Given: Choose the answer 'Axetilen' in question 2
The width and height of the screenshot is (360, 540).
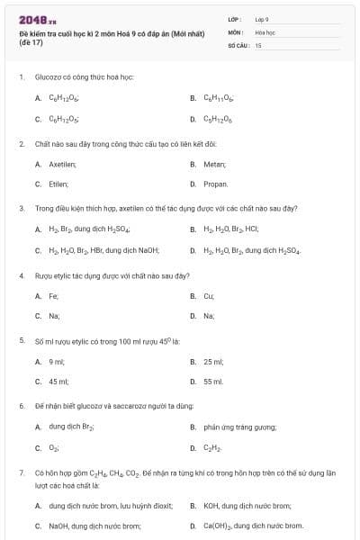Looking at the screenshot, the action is (x=56, y=164).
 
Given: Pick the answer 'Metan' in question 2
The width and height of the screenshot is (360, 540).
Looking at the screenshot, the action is (x=212, y=164).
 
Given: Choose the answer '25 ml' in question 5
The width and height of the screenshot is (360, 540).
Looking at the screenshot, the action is (x=213, y=361).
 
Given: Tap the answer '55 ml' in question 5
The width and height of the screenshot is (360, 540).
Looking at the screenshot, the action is (x=213, y=381).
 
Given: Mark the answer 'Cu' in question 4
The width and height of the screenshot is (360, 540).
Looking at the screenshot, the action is (x=209, y=295).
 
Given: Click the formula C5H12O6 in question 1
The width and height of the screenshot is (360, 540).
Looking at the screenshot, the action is (x=217, y=118).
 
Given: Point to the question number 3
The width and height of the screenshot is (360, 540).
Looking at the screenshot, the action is (x=21, y=208).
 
